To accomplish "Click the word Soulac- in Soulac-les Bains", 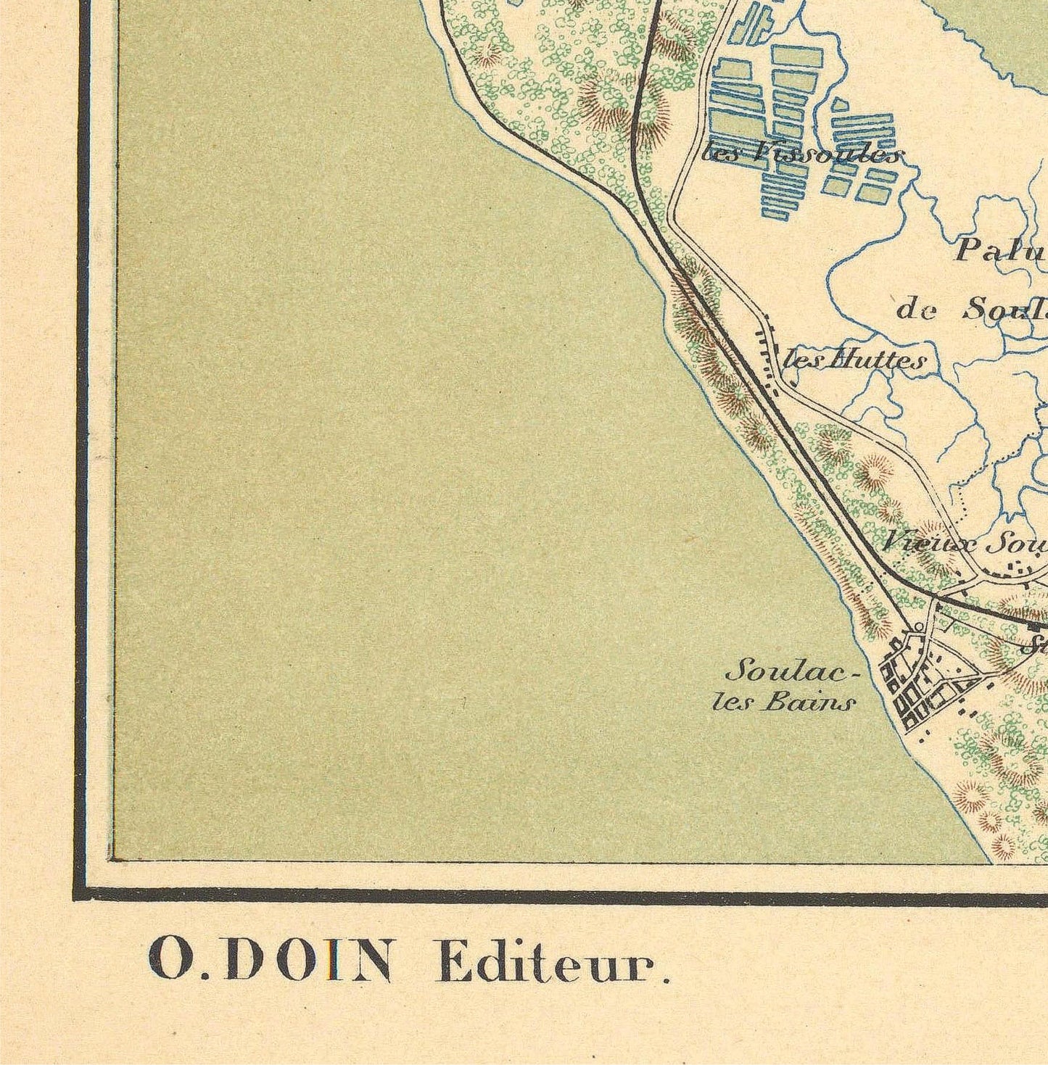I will [x=791, y=673].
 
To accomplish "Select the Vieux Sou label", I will [x=965, y=542].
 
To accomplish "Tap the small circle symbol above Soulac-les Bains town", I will [x=919, y=627].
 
